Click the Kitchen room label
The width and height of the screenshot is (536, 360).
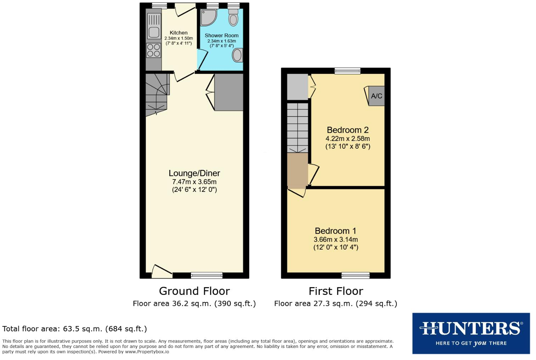pyautogui.click(x=179, y=33)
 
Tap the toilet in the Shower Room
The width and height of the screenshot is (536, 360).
pyautogui.click(x=233, y=18)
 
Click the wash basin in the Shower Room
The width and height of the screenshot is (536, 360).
pyautogui.click(x=237, y=55)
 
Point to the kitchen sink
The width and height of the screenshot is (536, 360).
pyautogui.click(x=154, y=32)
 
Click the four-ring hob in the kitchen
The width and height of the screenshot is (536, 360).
pyautogui.click(x=154, y=50)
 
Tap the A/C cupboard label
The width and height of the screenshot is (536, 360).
pyautogui.click(x=376, y=96)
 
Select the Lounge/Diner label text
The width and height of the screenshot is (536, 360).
pyautogui.click(x=194, y=173)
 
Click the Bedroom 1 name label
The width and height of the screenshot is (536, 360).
pyautogui.click(x=335, y=231)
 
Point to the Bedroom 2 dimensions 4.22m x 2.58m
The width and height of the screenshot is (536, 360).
pyautogui.click(x=348, y=139)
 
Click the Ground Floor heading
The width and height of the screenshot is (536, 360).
pyautogui.click(x=194, y=291)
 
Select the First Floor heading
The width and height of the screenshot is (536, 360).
pyautogui.click(x=335, y=291)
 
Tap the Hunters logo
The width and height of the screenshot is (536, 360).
pyautogui.click(x=471, y=333)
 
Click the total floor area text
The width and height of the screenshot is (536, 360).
pyautogui.click(x=74, y=329)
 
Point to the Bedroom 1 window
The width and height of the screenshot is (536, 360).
pyautogui.click(x=355, y=275)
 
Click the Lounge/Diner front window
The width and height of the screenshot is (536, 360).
pyautogui.click(x=207, y=275)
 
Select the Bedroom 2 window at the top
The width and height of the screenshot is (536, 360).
pyautogui.click(x=348, y=71)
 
